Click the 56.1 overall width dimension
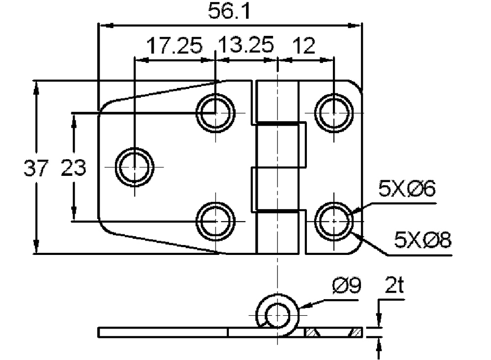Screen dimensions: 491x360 (229, 11)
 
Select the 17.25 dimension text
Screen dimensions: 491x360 (174, 46)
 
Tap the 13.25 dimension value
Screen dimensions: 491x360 (246, 45)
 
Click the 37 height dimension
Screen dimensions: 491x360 (36, 167)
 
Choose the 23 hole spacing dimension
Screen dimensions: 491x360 (73, 167)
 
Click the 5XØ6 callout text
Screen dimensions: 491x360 (407, 188)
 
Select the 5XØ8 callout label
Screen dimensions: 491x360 (422, 240)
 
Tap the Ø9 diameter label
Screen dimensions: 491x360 (347, 286)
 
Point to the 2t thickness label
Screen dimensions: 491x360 (394, 285)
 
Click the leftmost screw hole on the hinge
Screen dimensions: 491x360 (135, 167)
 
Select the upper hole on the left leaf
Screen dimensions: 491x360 (216, 112)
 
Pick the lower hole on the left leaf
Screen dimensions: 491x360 (216, 222)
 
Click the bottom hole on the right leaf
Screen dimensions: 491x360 (334, 222)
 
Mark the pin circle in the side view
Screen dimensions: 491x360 (277, 314)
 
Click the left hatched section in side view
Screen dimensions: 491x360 (312, 332)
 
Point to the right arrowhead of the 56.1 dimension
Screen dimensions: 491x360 (355, 26)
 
